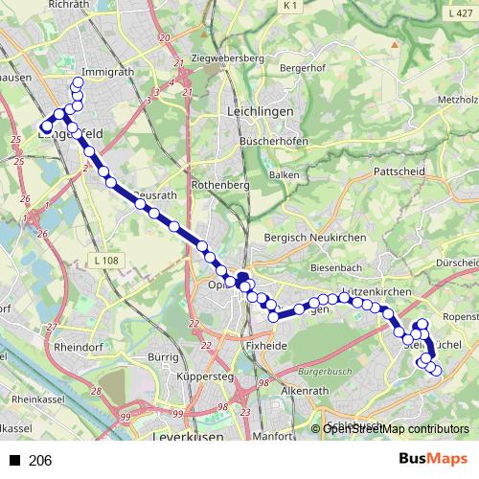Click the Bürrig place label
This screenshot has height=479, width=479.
[x=165, y=357]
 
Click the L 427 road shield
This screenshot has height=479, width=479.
[x=460, y=13]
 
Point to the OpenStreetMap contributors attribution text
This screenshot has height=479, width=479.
[x=395, y=429]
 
